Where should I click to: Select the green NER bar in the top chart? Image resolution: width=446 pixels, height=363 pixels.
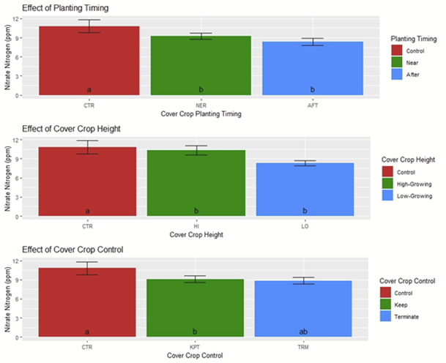point(200,66)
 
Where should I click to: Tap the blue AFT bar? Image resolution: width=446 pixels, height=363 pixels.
point(311,69)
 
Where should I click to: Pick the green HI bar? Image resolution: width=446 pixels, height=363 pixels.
point(196,183)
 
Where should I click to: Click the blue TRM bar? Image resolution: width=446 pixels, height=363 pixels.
point(303,308)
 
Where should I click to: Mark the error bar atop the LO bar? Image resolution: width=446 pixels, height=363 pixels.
point(305,163)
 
